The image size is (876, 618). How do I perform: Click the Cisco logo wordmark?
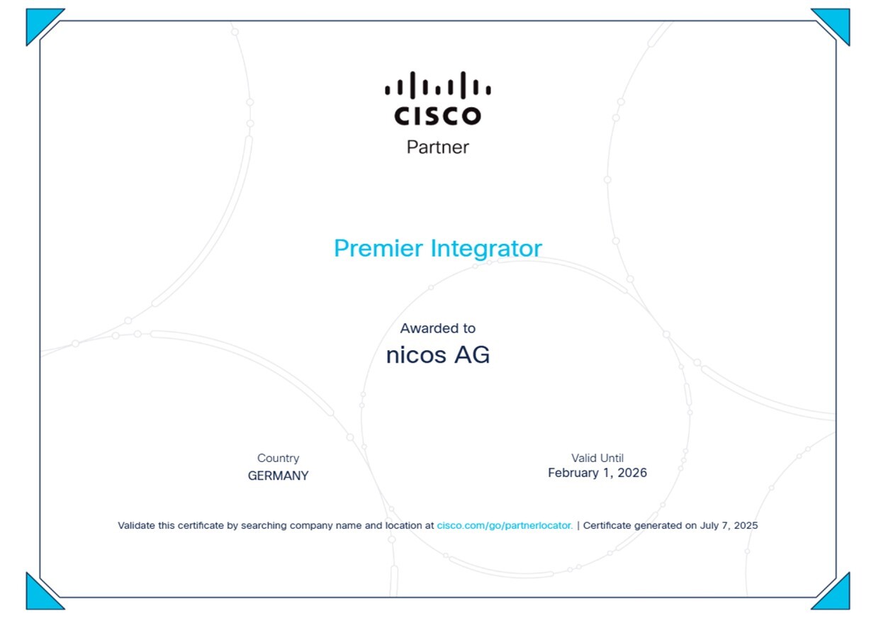click(437, 116)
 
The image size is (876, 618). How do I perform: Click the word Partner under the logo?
click(437, 147)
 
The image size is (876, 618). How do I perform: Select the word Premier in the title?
click(378, 248)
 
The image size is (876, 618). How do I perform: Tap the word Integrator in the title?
click(486, 249)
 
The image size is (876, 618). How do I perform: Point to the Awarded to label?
click(437, 328)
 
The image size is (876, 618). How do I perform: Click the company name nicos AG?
click(437, 355)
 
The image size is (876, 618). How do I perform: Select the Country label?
click(278, 458)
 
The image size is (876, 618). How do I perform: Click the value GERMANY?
click(278, 476)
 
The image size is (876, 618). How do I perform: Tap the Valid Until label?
click(597, 458)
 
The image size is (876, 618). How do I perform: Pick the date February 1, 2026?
click(597, 473)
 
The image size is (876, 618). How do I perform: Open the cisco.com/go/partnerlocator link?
click(505, 525)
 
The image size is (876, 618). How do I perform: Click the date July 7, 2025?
click(729, 525)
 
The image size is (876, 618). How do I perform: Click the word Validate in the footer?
click(136, 525)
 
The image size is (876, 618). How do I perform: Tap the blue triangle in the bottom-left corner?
click(39, 597)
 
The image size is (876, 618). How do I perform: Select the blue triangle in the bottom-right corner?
click(837, 597)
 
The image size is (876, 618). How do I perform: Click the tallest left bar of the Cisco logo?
click(412, 85)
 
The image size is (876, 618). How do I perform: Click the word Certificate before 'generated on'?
click(607, 525)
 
